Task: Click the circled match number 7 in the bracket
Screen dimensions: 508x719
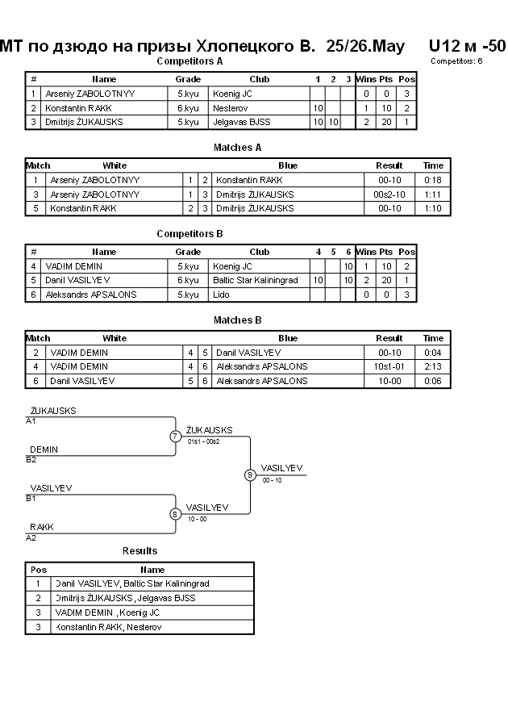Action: click(176, 436)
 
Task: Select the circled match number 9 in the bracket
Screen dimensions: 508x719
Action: click(250, 475)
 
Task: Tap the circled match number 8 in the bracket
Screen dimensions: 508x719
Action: click(174, 514)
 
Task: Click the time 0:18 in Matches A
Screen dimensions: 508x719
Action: click(433, 180)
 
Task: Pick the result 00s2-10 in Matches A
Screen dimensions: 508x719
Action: click(389, 194)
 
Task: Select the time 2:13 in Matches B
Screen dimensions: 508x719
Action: click(433, 366)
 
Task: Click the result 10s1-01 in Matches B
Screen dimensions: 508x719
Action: click(389, 366)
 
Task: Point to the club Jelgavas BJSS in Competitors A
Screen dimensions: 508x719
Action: click(241, 122)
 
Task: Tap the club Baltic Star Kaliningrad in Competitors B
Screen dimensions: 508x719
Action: click(255, 280)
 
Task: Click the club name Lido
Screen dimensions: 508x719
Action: click(221, 295)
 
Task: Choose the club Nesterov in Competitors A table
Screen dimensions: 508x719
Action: click(230, 108)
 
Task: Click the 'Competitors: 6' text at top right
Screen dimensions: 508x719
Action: click(456, 61)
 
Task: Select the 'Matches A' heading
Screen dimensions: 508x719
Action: click(237, 148)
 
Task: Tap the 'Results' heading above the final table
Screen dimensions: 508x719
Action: click(139, 551)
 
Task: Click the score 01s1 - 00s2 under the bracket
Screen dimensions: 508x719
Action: click(203, 441)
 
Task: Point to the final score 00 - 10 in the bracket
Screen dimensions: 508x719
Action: click(272, 481)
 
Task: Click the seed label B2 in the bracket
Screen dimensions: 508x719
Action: click(31, 460)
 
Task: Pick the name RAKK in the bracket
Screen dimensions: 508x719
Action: click(42, 527)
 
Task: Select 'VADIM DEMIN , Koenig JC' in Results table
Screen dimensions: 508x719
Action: click(107, 612)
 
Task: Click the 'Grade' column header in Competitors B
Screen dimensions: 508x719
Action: click(188, 253)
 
